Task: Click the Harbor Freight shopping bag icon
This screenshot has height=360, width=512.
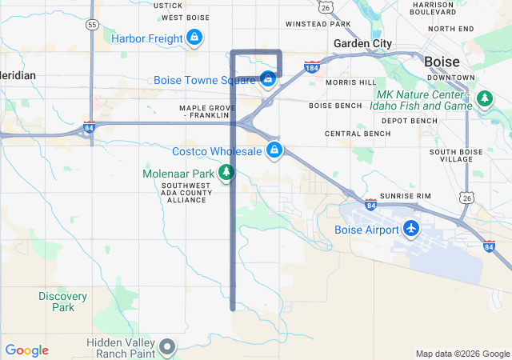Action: click(194, 38)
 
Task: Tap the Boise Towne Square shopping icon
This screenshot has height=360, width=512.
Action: click(268, 79)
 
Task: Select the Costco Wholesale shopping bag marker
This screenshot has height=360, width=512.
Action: click(274, 150)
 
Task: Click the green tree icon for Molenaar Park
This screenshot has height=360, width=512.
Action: click(226, 173)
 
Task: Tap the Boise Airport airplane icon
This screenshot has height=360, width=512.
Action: click(411, 230)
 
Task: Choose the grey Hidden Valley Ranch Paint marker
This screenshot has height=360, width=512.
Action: click(166, 347)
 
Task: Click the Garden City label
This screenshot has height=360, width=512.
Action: click(363, 43)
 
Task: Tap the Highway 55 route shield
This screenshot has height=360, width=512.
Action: click(92, 26)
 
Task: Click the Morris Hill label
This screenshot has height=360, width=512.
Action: click(350, 82)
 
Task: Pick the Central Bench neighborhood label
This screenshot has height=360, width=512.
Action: click(358, 134)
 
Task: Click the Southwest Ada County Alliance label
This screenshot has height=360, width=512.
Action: click(186, 192)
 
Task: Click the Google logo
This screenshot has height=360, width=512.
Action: click(26, 350)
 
